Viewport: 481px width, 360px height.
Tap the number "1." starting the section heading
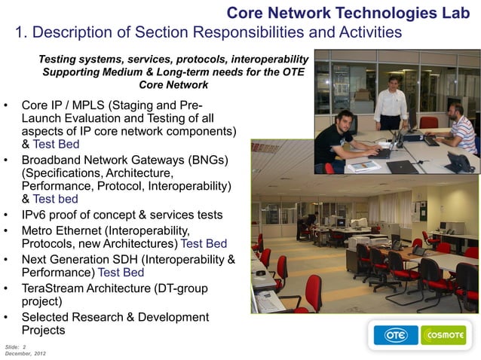23,32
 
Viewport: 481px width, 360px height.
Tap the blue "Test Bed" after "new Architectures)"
204,244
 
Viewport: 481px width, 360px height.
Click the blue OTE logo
396,335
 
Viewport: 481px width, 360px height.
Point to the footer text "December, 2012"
25,353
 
